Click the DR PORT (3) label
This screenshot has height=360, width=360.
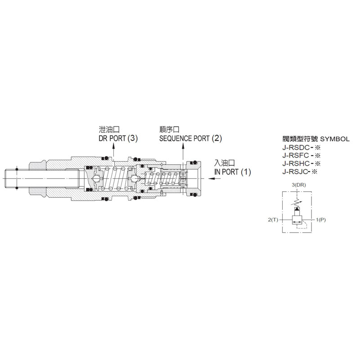coord(118,139)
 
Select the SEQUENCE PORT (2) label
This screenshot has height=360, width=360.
coord(190,139)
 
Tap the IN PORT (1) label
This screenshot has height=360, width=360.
coord(233,172)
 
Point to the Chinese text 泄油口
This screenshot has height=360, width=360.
coord(109,130)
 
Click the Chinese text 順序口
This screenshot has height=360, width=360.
coord(170,130)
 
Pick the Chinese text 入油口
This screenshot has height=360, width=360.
coord(225,163)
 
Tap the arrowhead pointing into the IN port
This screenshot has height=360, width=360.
coord(211,178)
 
